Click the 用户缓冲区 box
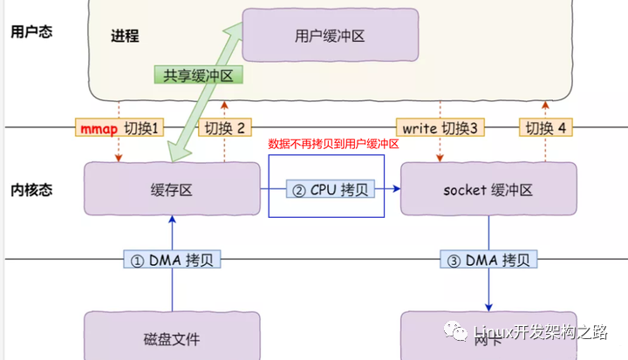(x=331, y=35)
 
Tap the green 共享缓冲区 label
(x=199, y=75)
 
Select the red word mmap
(x=99, y=128)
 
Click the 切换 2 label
(x=225, y=128)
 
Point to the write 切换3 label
(x=440, y=128)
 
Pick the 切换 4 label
(x=545, y=128)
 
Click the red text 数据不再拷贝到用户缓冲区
(x=333, y=144)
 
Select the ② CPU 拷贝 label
(x=331, y=189)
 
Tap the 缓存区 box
(x=172, y=188)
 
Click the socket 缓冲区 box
(x=488, y=188)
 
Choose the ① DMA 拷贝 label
(x=172, y=260)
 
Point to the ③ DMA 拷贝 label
(x=488, y=260)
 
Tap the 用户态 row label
(x=31, y=31)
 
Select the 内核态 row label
(x=31, y=189)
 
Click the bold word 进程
(x=125, y=36)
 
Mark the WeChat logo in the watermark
(x=455, y=330)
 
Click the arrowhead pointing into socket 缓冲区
(x=397, y=188)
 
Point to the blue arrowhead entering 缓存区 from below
(x=172, y=220)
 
